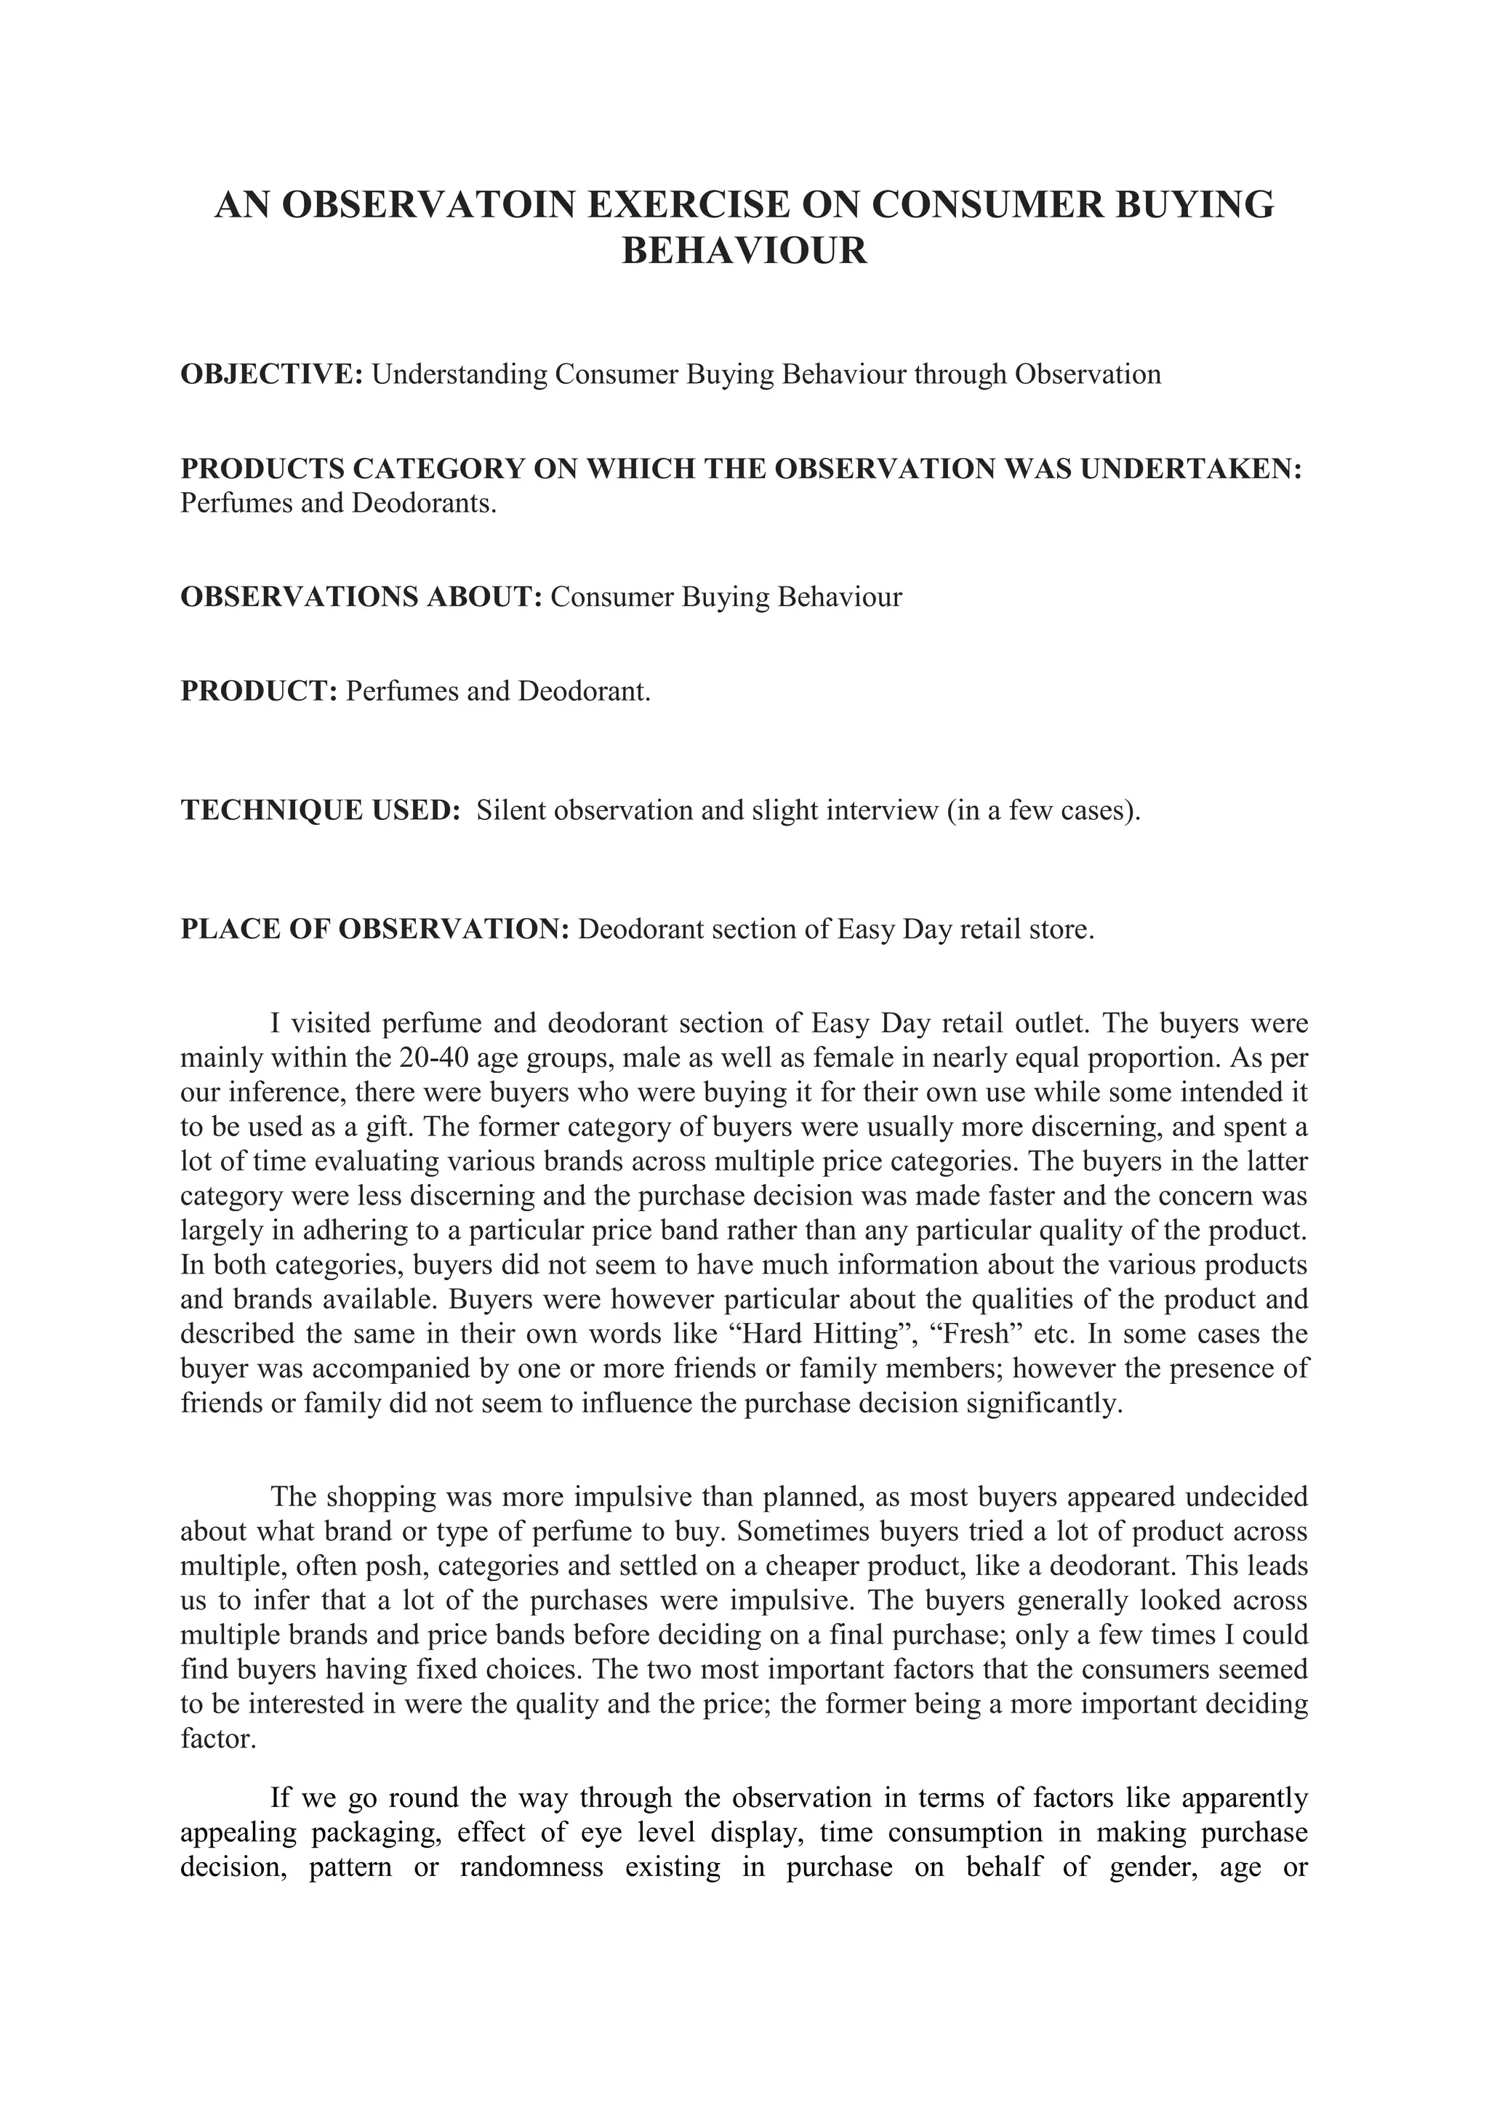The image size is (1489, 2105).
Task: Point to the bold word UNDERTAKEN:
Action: pos(1191,469)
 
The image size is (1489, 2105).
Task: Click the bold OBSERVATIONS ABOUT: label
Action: pos(362,597)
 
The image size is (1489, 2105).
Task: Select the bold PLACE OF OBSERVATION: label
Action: pos(375,929)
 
